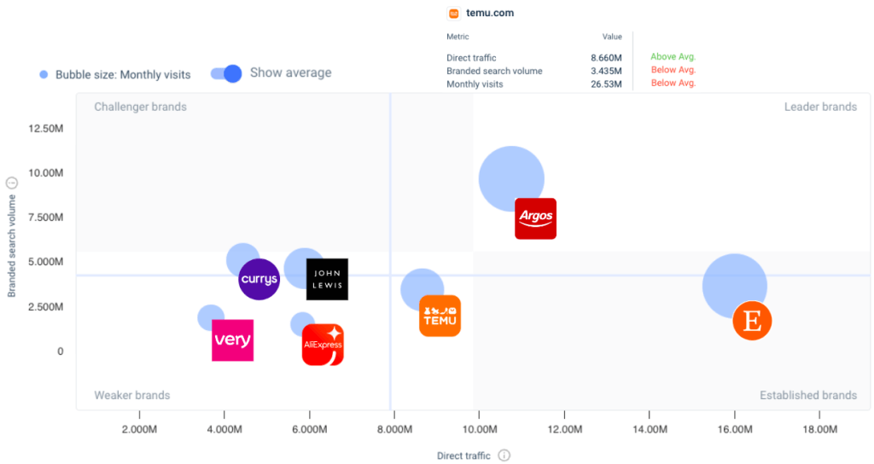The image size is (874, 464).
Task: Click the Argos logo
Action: (536, 218)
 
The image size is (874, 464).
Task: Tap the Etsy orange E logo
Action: (752, 321)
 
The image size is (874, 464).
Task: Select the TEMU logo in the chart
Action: (440, 316)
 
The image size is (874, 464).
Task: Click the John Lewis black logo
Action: (327, 279)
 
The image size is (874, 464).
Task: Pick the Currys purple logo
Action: (259, 279)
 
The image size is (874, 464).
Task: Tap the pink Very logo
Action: (232, 340)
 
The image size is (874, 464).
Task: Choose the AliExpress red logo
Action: (323, 345)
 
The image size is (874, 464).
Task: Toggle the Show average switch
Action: (227, 73)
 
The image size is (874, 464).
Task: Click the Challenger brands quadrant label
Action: (140, 107)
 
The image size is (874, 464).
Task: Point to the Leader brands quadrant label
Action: (820, 107)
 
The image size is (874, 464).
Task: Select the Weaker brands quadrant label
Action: (131, 395)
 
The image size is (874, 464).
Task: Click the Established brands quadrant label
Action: (807, 395)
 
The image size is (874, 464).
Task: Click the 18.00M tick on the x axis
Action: (819, 429)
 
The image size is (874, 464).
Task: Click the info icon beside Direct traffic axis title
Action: (504, 455)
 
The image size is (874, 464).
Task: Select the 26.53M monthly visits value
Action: (606, 84)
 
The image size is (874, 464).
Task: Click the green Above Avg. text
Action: (673, 57)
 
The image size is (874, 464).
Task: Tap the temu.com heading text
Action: (490, 14)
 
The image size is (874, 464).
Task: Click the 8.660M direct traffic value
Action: (606, 58)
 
